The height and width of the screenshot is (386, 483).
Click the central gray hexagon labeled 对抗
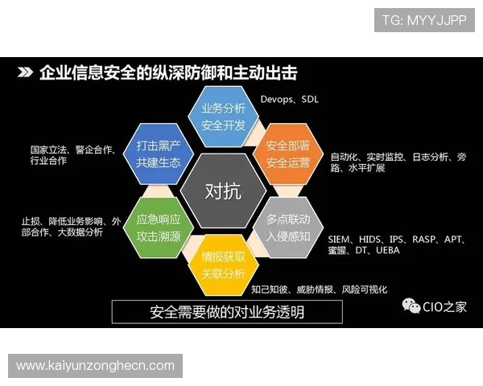223,191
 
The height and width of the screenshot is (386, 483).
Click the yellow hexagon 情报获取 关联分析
223,265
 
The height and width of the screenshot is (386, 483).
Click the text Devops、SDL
290,100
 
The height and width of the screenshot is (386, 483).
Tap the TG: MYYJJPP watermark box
424,20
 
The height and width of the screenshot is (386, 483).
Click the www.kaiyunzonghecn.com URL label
96,366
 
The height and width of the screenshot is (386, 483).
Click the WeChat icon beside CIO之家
411,306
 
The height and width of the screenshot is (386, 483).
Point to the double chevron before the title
26,73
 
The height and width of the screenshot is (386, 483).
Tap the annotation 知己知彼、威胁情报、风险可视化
319,289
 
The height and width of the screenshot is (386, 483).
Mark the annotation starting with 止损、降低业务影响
72,227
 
